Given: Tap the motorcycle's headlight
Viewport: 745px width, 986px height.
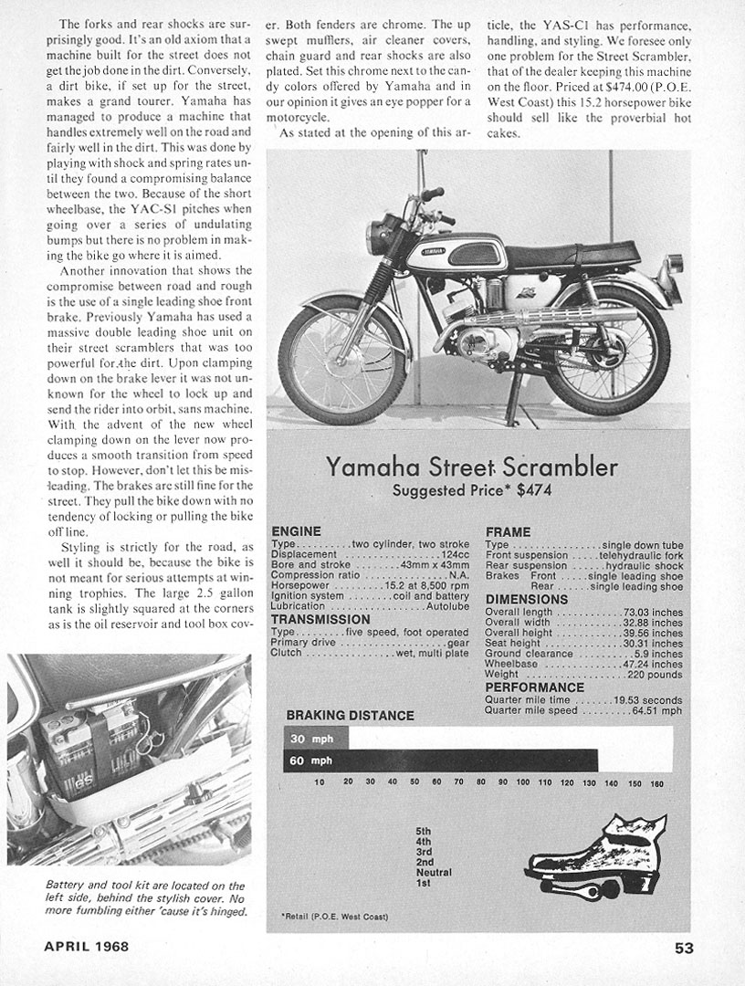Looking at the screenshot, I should click(x=377, y=237).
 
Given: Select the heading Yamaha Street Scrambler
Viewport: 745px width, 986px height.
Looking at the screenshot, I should click(x=472, y=468).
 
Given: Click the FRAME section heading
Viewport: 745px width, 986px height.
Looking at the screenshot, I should click(x=508, y=531).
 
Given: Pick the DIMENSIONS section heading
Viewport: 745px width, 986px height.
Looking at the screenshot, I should click(x=527, y=599).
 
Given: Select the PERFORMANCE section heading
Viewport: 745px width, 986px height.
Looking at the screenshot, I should click(x=534, y=687).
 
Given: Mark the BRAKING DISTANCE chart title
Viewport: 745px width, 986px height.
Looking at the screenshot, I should click(x=350, y=715).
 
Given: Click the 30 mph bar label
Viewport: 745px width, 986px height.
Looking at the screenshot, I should click(x=306, y=738).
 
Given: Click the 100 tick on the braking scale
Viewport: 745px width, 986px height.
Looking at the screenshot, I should click(x=523, y=783).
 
